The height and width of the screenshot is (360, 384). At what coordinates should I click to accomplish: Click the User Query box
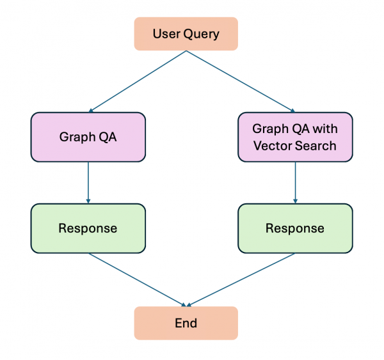coord(186,33)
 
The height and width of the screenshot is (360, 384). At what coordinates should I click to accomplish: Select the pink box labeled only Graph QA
coord(88,137)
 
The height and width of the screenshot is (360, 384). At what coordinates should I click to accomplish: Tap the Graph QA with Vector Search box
coord(295,137)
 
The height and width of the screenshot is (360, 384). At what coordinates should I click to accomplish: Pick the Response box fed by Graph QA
coord(88,228)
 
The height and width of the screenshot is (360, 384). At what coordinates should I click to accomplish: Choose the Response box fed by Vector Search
coord(295,228)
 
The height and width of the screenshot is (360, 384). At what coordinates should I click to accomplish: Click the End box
coord(186,323)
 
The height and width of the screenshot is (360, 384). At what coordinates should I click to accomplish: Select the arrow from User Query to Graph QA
coord(138,81)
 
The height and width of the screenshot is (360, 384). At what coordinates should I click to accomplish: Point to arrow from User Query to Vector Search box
coord(240,81)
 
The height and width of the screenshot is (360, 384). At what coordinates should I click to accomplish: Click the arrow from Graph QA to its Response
coord(88,182)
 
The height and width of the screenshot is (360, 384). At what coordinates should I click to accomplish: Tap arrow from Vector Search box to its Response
coord(295,182)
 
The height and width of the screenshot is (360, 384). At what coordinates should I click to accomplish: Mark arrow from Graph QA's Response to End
coord(138,279)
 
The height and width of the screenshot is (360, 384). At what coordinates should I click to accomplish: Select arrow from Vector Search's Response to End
coord(240,279)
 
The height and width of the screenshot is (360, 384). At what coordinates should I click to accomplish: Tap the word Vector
coord(271,145)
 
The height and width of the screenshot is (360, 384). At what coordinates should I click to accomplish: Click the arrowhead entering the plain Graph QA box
coord(92,111)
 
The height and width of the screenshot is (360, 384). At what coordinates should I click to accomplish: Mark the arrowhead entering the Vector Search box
coord(291,111)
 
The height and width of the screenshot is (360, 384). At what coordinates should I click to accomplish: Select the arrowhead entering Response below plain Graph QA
coord(88,200)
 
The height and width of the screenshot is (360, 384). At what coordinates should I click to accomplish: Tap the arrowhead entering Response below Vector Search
coord(295,200)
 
